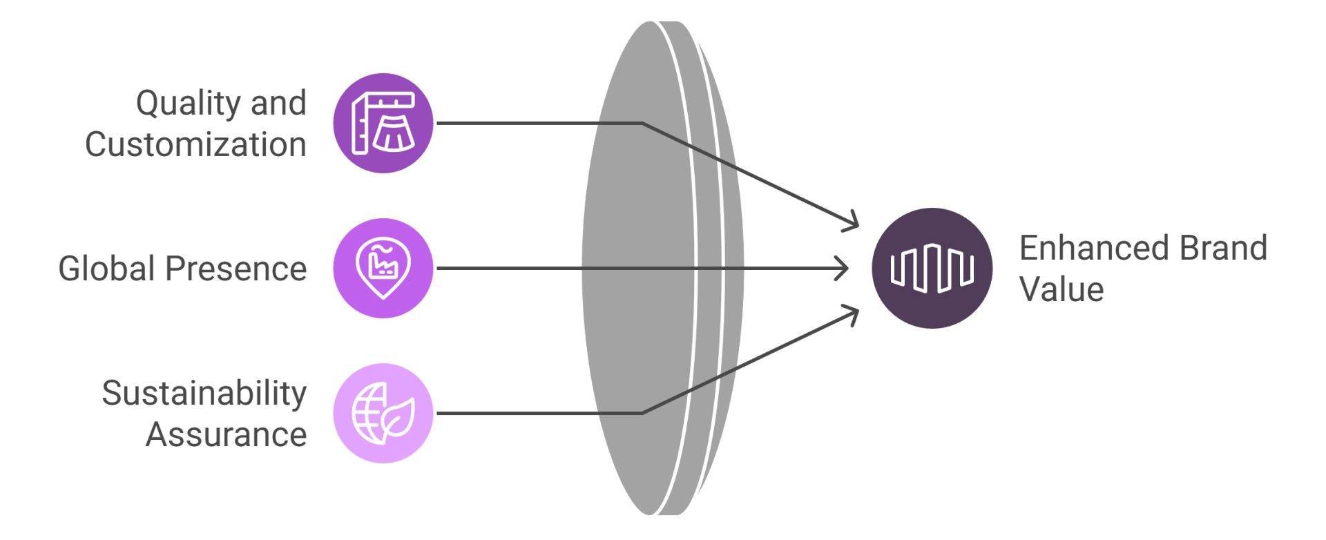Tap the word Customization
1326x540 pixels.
coord(195,145)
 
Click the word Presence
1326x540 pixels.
coord(236,269)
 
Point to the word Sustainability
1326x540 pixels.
coord(204,394)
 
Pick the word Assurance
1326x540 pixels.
coord(226,435)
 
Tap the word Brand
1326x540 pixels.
coord(1223,248)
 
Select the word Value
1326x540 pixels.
coord(1061,289)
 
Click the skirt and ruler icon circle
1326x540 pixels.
coord(383,123)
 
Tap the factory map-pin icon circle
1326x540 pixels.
coord(383,269)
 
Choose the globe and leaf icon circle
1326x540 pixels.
coord(383,413)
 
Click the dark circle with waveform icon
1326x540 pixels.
coord(932,268)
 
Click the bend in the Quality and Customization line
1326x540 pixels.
coord(642,124)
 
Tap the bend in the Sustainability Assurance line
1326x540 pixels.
coord(642,413)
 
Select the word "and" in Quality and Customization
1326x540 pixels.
coord(278,104)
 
